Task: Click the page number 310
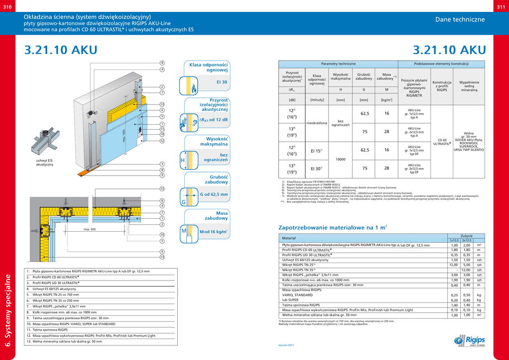point(8,6)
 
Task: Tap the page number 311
point(501,6)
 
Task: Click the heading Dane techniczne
point(460,19)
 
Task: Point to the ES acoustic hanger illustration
point(45,142)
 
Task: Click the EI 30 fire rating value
point(222,82)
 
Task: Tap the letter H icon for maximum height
point(182,161)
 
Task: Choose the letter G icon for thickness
point(182,202)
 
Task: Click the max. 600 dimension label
point(89,229)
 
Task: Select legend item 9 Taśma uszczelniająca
point(67,318)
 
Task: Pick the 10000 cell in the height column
point(340,159)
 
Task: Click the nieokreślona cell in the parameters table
point(317,122)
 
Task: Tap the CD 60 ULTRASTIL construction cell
point(441,142)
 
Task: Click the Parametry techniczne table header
point(338,64)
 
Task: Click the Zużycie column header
point(466,235)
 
